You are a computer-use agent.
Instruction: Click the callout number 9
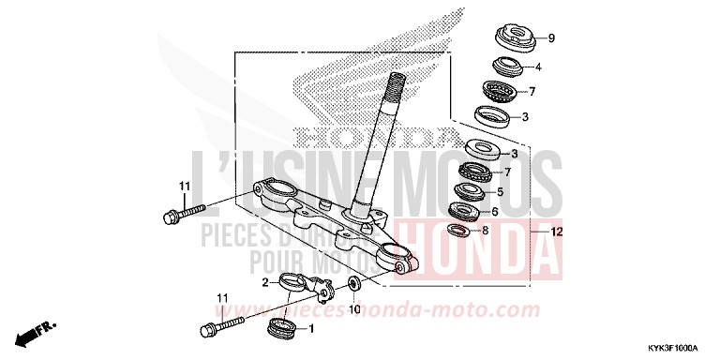point(551,38)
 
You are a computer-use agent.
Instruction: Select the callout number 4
point(538,67)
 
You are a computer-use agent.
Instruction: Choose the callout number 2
point(265,281)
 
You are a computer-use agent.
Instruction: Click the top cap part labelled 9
point(514,39)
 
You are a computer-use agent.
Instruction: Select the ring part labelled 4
point(506,67)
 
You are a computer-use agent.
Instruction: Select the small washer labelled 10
point(353,283)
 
